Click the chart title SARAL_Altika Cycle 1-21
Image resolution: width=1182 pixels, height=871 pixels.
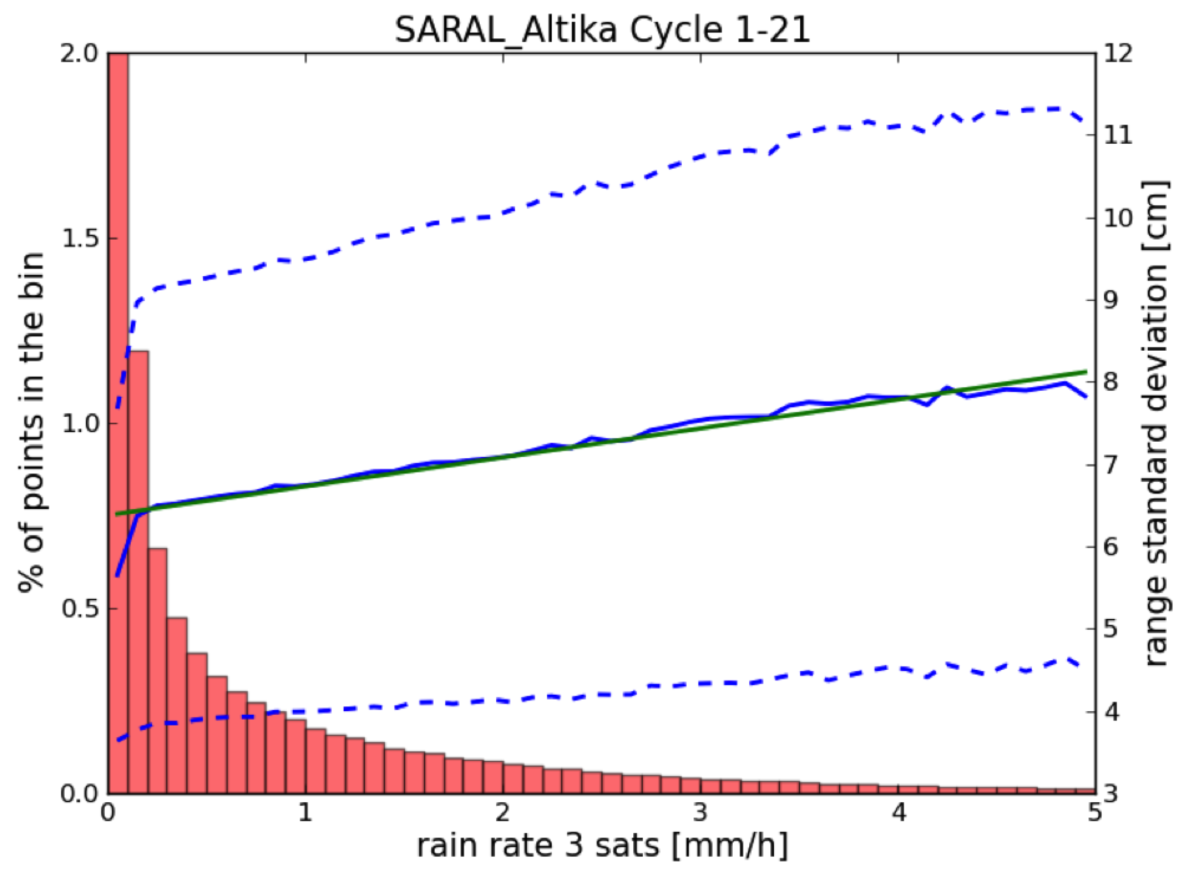tap(601, 31)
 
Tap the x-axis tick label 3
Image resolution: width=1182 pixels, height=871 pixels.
tap(700, 813)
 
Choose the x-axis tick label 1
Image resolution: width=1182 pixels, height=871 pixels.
tap(305, 813)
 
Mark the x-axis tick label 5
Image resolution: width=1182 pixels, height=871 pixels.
tap(1095, 813)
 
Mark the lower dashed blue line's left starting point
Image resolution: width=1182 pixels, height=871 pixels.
tap(118, 740)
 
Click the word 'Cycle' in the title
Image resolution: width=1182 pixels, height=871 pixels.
tap(675, 31)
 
